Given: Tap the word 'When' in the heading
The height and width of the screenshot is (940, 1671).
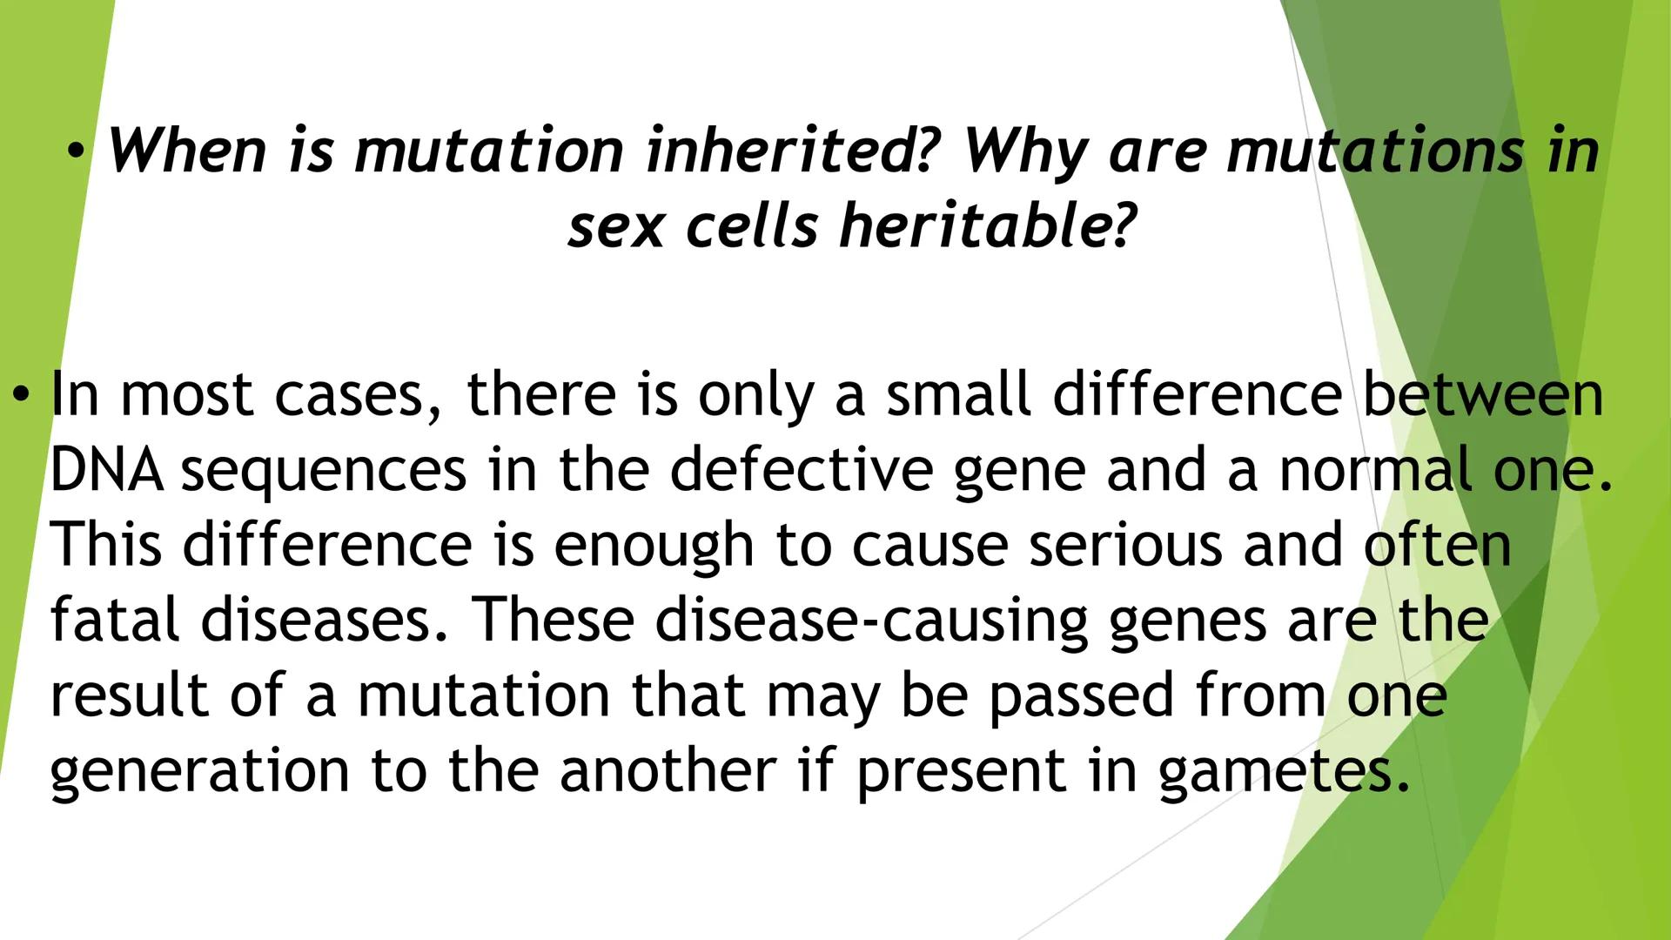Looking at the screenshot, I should pyautogui.click(x=186, y=151).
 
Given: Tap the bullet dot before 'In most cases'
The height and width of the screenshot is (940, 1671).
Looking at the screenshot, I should pyautogui.click(x=19, y=396).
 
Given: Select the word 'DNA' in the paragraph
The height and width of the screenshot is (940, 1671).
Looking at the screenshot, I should pyautogui.click(x=105, y=470).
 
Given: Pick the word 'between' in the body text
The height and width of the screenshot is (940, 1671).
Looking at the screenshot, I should pyautogui.click(x=1482, y=394).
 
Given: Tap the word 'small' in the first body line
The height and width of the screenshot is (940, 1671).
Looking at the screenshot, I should pyautogui.click(x=959, y=394).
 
